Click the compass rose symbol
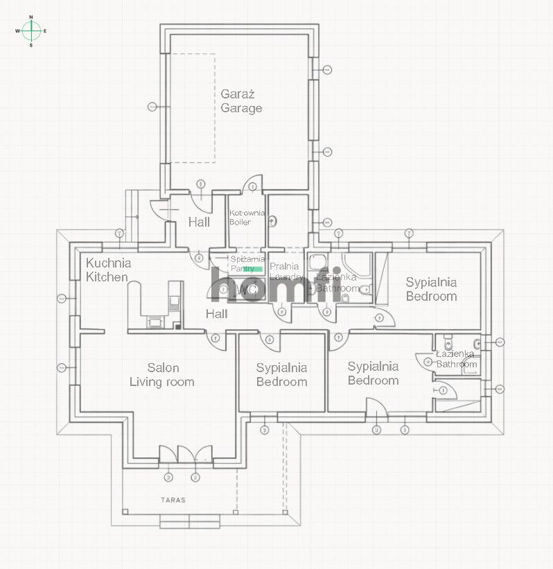31,30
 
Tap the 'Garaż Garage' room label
241,101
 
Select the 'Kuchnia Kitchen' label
107,270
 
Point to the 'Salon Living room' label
162,375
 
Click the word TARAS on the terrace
174,499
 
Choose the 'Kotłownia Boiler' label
247,218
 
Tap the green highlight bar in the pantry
254,268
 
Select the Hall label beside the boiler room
199,222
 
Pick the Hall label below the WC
216,314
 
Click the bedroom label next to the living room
281,375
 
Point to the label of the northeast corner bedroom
431,289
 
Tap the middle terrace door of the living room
186,455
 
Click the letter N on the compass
31,17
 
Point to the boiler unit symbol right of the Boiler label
273,222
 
